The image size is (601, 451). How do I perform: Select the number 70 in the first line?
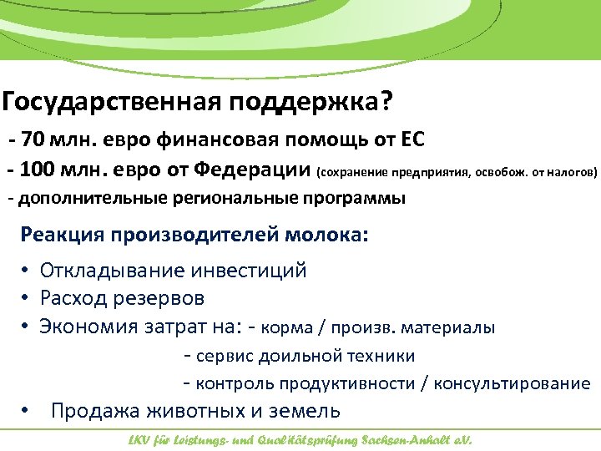coord(36,139)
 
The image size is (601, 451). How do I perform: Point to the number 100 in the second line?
coord(41,171)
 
